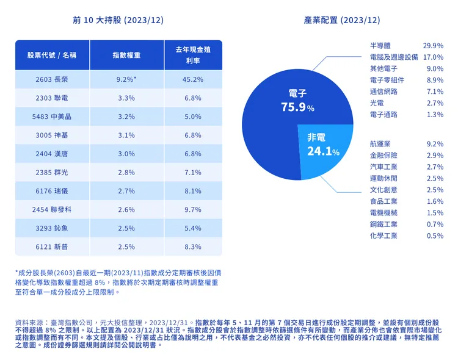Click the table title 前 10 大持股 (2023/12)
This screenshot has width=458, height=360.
[118, 20]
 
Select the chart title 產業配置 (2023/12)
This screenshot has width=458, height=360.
[341, 20]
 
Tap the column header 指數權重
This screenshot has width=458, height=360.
[126, 55]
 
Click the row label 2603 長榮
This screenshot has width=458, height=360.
[52, 79]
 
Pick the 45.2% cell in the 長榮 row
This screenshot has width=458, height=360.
[192, 79]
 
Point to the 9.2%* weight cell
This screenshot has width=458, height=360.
[126, 79]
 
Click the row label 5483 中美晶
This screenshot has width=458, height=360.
[52, 117]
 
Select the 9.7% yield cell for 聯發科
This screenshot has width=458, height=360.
[192, 209]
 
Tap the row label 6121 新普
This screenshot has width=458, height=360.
[52, 247]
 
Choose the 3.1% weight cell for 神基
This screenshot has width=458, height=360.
[126, 135]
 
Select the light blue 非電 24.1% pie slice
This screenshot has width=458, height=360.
[327, 149]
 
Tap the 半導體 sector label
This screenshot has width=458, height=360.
[380, 46]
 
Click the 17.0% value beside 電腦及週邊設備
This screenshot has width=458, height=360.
[433, 57]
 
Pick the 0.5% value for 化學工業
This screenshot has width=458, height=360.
[435, 236]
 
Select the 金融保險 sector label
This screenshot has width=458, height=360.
[383, 156]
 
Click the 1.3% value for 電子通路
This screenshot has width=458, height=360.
[435, 115]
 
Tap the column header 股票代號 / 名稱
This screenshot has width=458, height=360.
[52, 55]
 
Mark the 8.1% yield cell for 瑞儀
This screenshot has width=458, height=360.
[192, 191]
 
